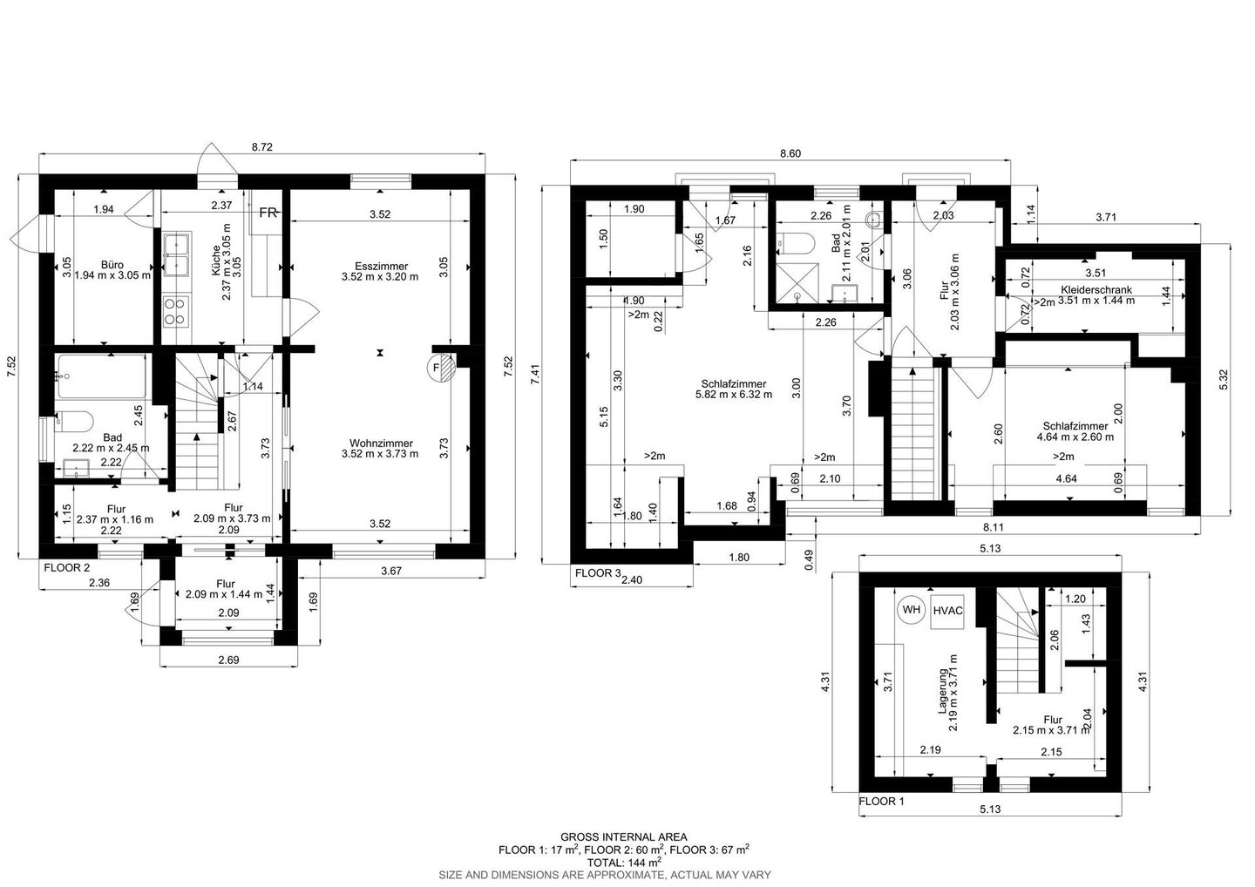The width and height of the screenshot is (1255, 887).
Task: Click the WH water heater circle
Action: (x=912, y=610)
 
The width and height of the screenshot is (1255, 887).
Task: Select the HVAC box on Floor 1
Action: (x=947, y=611)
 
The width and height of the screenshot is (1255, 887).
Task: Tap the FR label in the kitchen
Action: (x=268, y=213)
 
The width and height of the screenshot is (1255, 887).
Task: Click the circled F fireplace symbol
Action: (x=442, y=368)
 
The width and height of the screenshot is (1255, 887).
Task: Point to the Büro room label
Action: (x=112, y=265)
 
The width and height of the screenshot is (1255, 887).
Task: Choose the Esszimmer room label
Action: (x=381, y=266)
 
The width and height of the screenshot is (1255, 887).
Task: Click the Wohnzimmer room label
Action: (x=381, y=443)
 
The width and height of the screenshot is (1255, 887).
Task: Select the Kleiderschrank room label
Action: (x=1096, y=290)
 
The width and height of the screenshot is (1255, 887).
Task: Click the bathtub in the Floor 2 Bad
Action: (x=101, y=376)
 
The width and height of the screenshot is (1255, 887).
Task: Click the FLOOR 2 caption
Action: (x=66, y=568)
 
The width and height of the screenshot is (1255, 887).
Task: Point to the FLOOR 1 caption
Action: (x=881, y=802)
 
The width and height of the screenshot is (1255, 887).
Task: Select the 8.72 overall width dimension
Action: (x=261, y=147)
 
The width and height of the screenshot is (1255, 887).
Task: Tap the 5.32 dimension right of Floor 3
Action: (x=1224, y=379)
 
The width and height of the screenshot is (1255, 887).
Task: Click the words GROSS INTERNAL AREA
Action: (x=624, y=837)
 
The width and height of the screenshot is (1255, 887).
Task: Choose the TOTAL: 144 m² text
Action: (x=624, y=863)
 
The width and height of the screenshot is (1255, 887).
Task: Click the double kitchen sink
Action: (x=177, y=254)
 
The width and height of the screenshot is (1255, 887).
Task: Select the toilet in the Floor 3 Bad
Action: (x=795, y=243)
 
